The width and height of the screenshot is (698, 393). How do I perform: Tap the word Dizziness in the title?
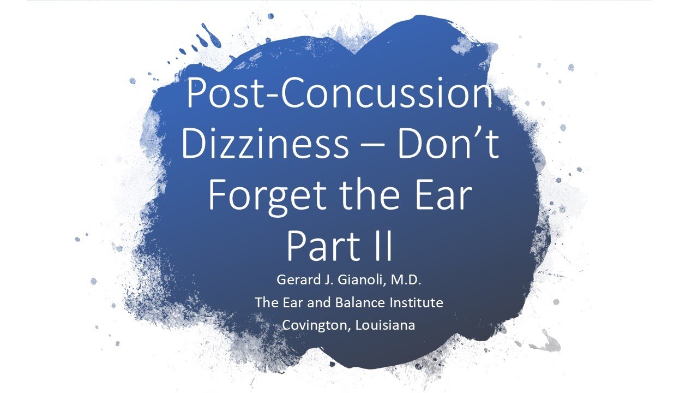pyautogui.click(x=264, y=145)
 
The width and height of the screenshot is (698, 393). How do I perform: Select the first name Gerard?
pyautogui.click(x=296, y=281)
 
